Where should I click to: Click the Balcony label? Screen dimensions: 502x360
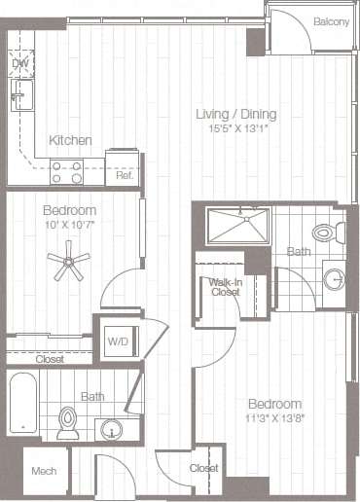tap(331, 21)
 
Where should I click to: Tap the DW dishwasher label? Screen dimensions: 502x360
tap(19, 64)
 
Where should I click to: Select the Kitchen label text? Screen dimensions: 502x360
tap(72, 140)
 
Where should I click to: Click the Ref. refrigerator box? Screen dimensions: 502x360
tap(124, 167)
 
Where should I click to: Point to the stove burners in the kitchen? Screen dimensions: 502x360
tap(67, 171)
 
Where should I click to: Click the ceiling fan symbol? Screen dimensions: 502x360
tap(69, 260)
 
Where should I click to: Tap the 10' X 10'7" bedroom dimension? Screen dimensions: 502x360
tap(68, 224)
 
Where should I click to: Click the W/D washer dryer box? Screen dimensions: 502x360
tap(117, 341)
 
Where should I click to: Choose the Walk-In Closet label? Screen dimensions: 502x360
tap(225, 285)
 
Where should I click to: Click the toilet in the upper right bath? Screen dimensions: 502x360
tap(327, 233)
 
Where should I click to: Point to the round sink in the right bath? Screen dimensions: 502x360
tap(334, 280)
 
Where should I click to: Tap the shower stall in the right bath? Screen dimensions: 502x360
tap(238, 227)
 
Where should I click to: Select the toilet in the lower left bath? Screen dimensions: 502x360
tap(68, 422)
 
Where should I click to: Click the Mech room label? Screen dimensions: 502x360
tap(44, 471)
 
